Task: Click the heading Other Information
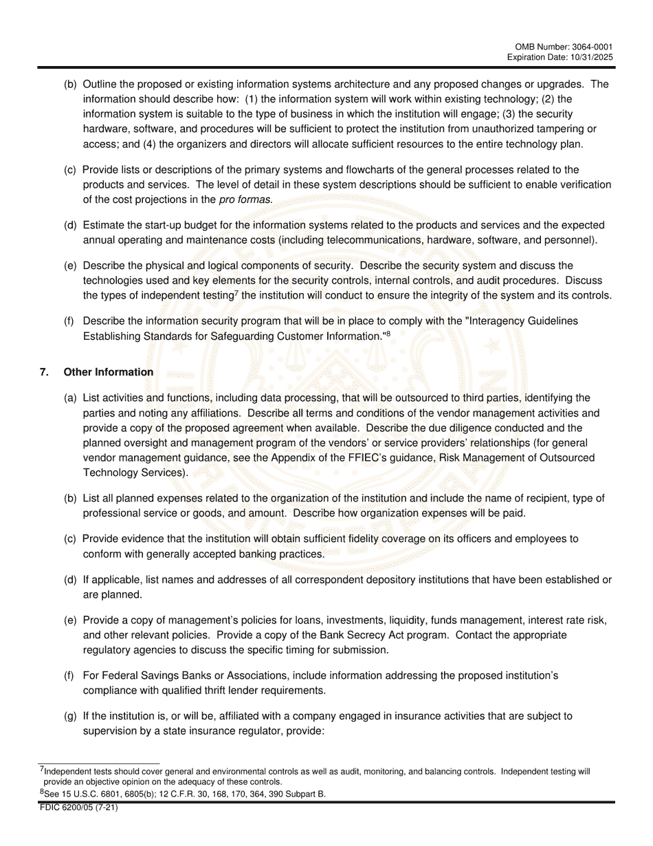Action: pyautogui.click(x=109, y=372)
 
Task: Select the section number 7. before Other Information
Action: pyautogui.click(x=44, y=372)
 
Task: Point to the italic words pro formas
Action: pyautogui.click(x=245, y=199)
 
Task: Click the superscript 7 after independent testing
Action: pyautogui.click(x=236, y=293)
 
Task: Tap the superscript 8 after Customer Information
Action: pyautogui.click(x=388, y=334)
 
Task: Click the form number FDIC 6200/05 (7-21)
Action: pyautogui.click(x=78, y=808)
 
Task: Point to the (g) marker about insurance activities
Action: pyautogui.click(x=70, y=716)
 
